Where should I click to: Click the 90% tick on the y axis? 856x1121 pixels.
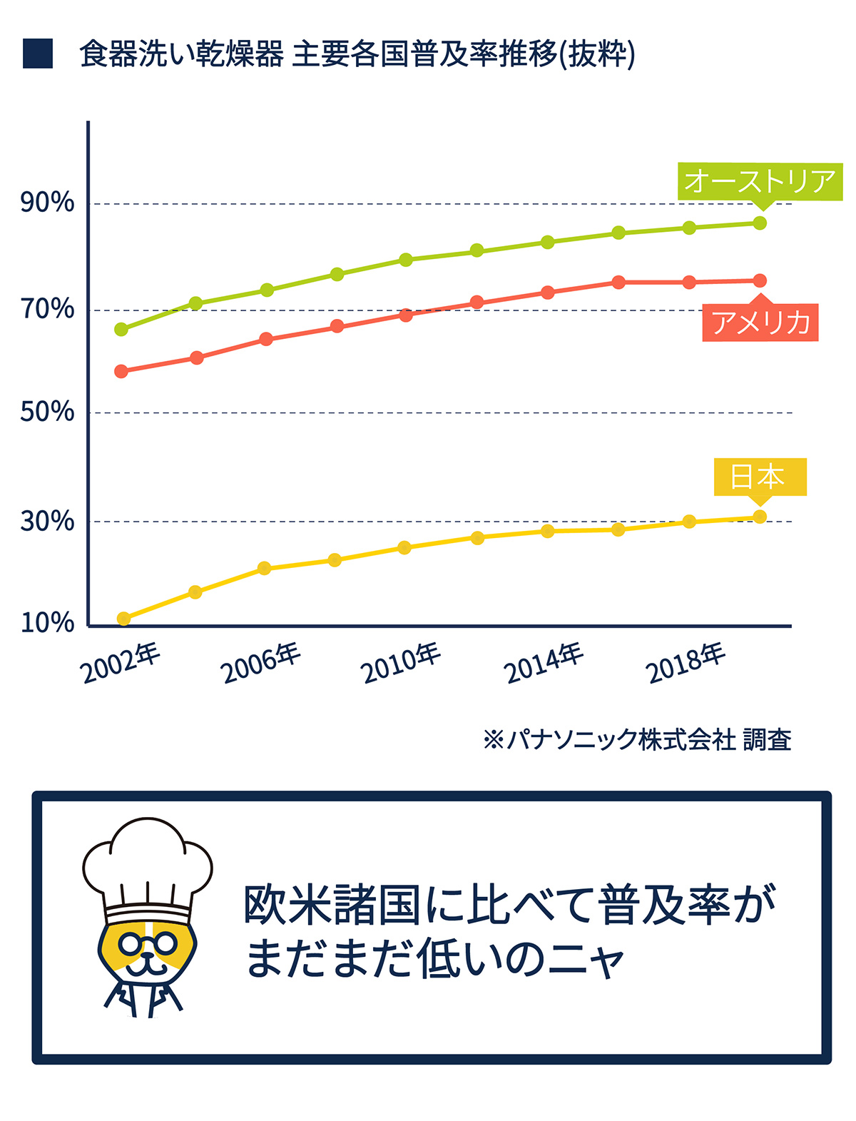pyautogui.click(x=47, y=203)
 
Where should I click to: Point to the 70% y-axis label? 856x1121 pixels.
pyautogui.click(x=47, y=309)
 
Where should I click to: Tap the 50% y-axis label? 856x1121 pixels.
pyautogui.click(x=47, y=412)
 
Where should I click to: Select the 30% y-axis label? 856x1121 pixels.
pyautogui.click(x=47, y=522)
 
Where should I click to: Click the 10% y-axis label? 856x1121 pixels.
pyautogui.click(x=47, y=623)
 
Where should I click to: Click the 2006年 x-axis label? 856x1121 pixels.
pyautogui.click(x=262, y=663)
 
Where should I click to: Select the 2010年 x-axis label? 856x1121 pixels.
pyautogui.click(x=402, y=663)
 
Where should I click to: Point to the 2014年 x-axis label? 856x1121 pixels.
pyautogui.click(x=544, y=663)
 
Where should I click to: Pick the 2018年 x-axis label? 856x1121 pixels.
pyautogui.click(x=686, y=663)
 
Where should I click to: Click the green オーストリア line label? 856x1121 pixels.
pyautogui.click(x=760, y=181)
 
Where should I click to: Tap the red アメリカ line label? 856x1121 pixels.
pyautogui.click(x=760, y=323)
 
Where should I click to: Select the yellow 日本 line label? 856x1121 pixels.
pyautogui.click(x=760, y=476)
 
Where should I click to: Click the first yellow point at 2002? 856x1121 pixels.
pyautogui.click(x=123, y=619)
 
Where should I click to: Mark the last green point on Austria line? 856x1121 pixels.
pyautogui.click(x=760, y=223)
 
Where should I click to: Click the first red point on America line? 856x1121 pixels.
pyautogui.click(x=121, y=371)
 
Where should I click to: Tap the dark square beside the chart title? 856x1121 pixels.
pyautogui.click(x=38, y=54)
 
